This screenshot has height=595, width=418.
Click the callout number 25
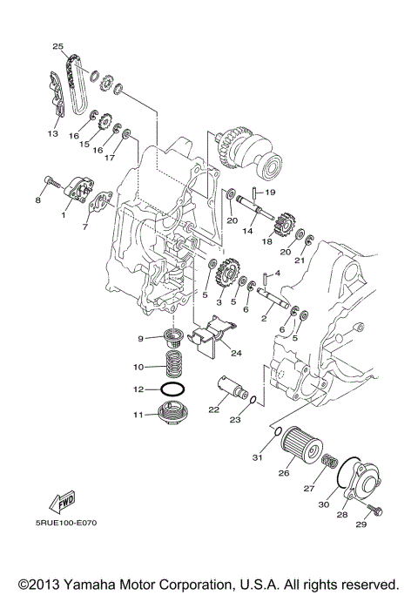(x=57, y=46)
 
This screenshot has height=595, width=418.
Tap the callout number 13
(x=52, y=134)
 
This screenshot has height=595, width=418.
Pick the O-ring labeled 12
(x=173, y=389)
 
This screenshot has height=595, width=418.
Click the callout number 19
(x=271, y=192)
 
